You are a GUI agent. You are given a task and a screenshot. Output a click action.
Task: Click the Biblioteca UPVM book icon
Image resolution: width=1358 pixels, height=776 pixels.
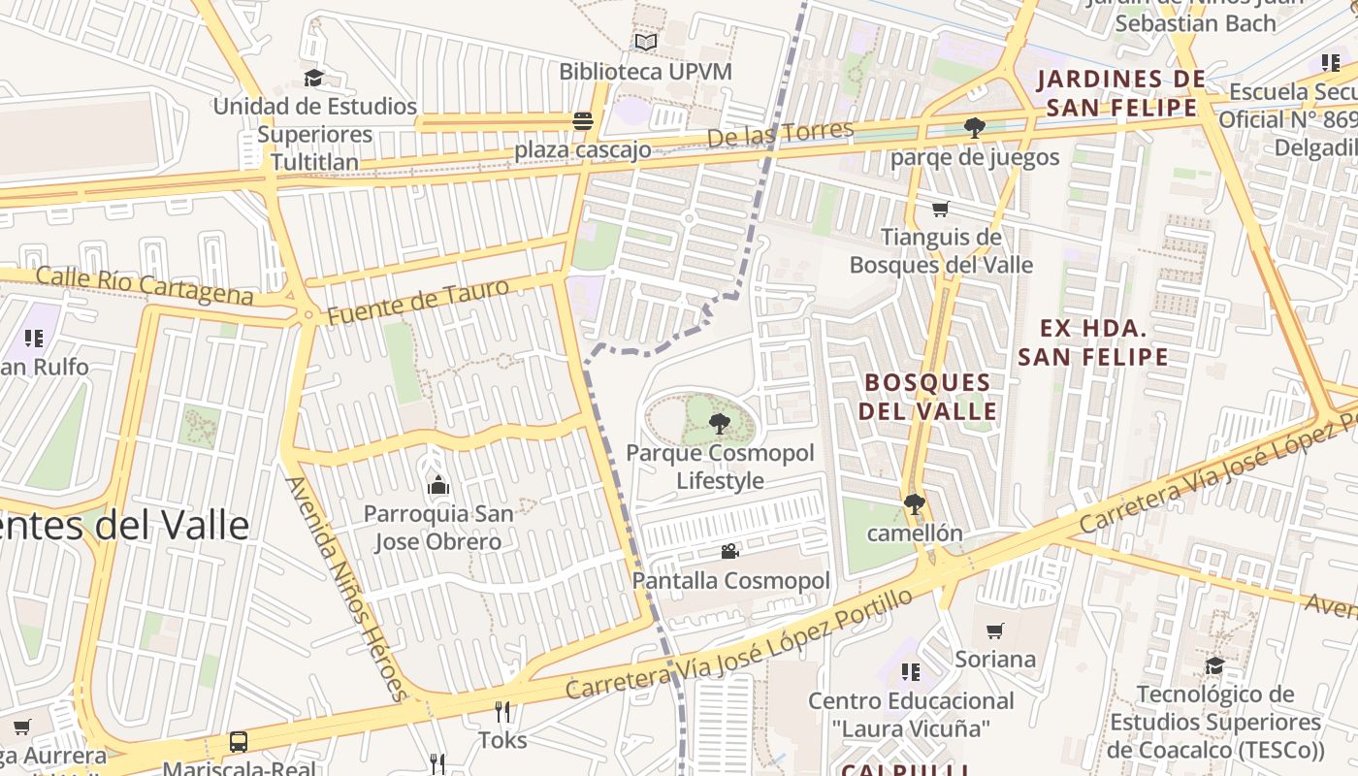tap(645, 42)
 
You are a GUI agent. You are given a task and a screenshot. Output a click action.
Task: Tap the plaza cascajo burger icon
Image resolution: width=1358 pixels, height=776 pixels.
tap(583, 121)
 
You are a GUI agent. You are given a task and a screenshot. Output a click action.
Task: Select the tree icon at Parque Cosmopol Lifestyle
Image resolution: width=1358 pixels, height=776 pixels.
tap(719, 423)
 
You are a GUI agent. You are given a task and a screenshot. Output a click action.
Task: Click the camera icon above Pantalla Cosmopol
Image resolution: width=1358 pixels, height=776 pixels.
tap(730, 551)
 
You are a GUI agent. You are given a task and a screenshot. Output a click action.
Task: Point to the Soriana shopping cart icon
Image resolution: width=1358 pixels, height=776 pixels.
tap(994, 631)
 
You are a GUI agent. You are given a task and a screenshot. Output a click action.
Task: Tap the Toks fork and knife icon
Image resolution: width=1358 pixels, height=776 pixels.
tap(502, 712)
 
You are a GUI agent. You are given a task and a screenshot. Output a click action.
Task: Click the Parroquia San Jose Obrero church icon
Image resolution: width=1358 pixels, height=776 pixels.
tap(437, 484)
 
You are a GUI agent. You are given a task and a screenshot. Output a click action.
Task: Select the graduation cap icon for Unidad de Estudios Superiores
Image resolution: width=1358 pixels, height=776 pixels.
tap(313, 78)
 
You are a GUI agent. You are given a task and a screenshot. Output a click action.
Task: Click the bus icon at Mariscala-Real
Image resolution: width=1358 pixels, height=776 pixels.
tap(239, 742)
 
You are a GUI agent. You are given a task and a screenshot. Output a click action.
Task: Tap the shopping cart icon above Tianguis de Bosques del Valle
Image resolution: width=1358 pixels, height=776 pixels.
tap(940, 209)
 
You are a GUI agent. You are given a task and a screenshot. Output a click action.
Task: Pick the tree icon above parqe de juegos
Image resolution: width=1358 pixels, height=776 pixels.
tap(974, 128)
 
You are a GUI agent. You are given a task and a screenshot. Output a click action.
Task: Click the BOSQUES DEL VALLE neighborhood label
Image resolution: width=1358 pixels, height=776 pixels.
tap(927, 396)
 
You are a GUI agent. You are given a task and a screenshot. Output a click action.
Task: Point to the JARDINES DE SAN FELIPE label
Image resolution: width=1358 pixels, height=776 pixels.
tap(1120, 93)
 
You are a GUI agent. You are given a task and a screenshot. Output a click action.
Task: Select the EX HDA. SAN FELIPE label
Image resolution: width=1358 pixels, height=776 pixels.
tap(1093, 342)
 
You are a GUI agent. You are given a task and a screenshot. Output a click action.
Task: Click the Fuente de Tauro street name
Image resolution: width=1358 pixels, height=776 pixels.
tap(417, 302)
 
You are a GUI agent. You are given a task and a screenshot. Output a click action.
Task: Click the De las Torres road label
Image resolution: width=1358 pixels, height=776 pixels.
tap(780, 134)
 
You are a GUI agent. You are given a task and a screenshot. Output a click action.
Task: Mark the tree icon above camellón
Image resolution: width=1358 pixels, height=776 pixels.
tap(913, 503)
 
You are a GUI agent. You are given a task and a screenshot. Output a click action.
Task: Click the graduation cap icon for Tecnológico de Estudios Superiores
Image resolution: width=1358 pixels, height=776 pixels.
tap(1214, 665)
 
